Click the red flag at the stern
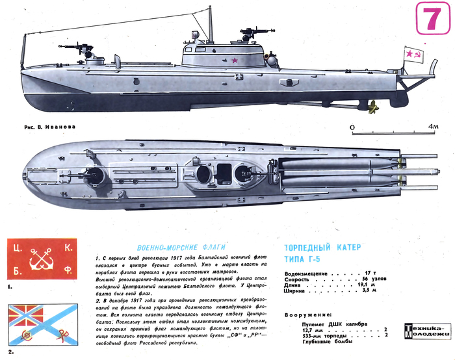point(415,57)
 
